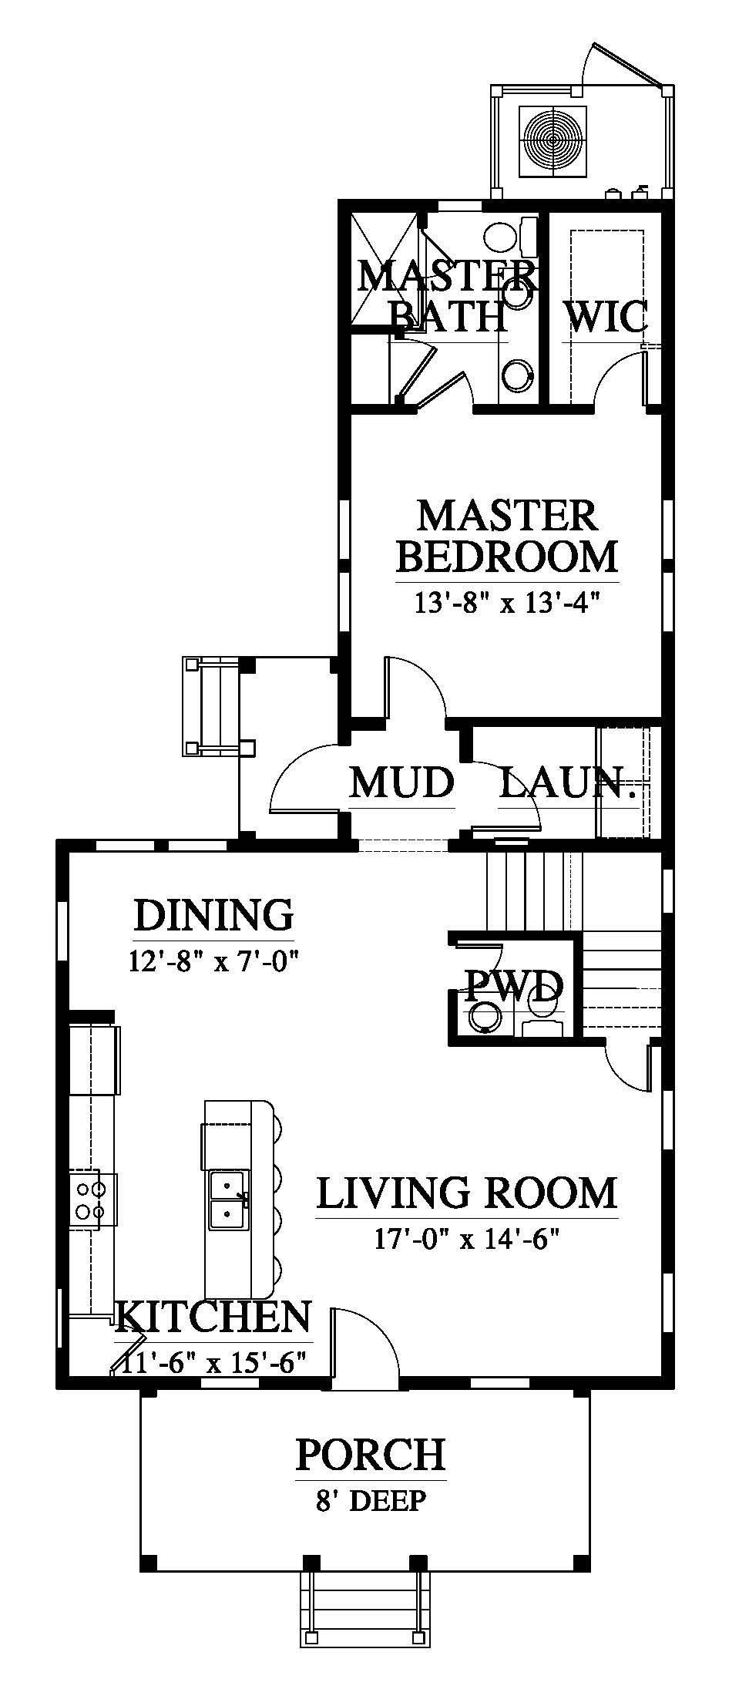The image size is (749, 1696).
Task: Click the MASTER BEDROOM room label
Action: pyautogui.click(x=508, y=535)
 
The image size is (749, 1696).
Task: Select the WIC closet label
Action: pyautogui.click(x=605, y=316)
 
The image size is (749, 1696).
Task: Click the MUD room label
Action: pyautogui.click(x=401, y=782)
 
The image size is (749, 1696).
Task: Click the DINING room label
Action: pyautogui.click(x=213, y=915)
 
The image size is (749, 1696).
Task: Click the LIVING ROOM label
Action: pyautogui.click(x=467, y=1193)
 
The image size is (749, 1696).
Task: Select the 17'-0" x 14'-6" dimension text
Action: pyautogui.click(x=467, y=1239)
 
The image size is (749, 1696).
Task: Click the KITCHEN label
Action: pyautogui.click(x=213, y=1317)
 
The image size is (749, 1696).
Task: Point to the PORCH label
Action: pyautogui.click(x=371, y=1455)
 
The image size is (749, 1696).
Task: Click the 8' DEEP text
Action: pyautogui.click(x=371, y=1501)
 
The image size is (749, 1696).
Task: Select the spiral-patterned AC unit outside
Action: pyautogui.click(x=555, y=138)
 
